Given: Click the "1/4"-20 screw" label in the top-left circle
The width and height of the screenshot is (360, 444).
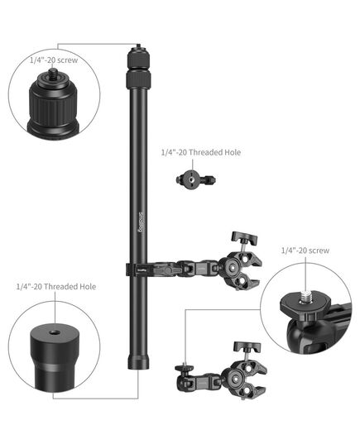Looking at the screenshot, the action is (54, 60).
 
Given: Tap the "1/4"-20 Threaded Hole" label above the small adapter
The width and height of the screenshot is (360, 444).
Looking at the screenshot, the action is (201, 152).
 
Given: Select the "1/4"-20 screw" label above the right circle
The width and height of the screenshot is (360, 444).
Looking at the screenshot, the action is (305, 251).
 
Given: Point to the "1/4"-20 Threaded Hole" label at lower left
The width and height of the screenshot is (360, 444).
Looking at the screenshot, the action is (56, 287).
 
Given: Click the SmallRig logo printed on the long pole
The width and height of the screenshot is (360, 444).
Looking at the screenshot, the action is (142, 222).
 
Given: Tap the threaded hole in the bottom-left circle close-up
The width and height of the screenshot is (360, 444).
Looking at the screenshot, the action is (52, 332).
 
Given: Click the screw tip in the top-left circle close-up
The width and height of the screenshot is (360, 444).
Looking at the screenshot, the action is (52, 72).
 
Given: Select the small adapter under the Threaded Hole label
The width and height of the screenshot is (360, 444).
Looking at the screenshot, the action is (195, 179).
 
